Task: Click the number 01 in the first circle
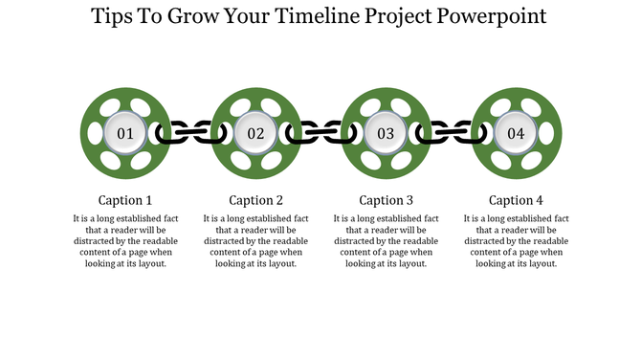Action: click(x=125, y=134)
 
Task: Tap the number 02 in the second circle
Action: click(x=255, y=134)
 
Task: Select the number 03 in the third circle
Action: click(x=386, y=134)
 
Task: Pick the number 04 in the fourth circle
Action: click(x=516, y=134)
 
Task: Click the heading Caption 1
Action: click(x=125, y=200)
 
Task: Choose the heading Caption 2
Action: click(x=255, y=200)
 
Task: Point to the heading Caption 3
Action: click(x=386, y=200)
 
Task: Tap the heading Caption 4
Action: click(x=516, y=200)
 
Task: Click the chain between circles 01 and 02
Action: click(x=190, y=134)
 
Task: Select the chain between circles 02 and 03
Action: click(x=320, y=134)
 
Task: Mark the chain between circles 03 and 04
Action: click(x=451, y=134)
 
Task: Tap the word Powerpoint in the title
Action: click(x=494, y=17)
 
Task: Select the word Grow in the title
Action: click(x=197, y=17)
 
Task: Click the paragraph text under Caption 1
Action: click(x=125, y=241)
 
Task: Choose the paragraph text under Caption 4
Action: click(x=516, y=241)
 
